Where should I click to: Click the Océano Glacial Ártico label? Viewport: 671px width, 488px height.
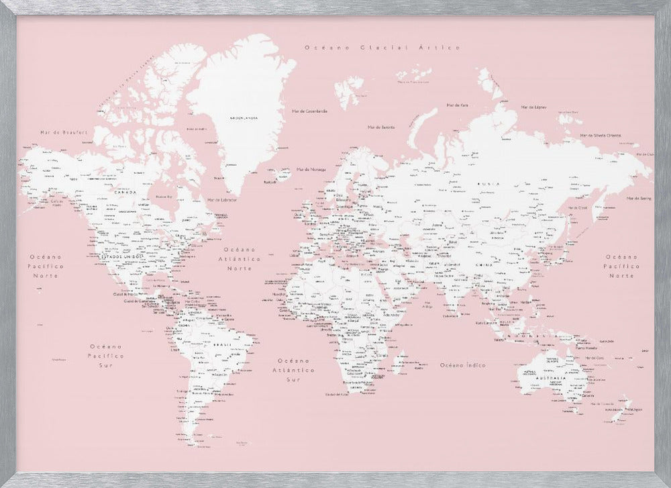pyautogui.click(x=382, y=48)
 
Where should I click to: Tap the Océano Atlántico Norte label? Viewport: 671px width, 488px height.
pyautogui.click(x=244, y=258)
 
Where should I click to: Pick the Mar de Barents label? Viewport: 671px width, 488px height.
pyautogui.click(x=381, y=127)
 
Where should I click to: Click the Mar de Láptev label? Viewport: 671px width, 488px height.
pyautogui.click(x=533, y=107)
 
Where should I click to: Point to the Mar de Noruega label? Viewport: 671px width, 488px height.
pyautogui.click(x=313, y=168)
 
